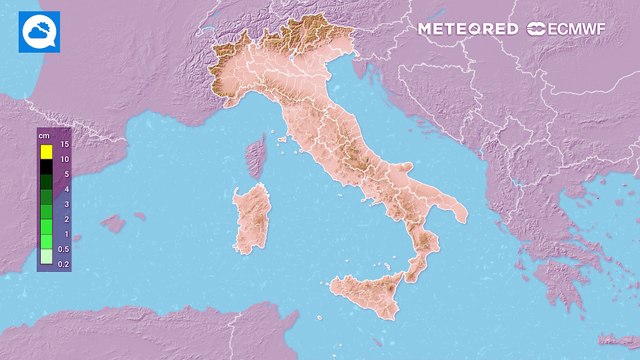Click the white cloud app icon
tap(39, 32)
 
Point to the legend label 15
tap(63, 145)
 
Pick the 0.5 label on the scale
tap(63, 248)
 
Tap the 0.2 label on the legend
tap(63, 263)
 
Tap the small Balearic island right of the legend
tap(112, 223)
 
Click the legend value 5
tap(63, 174)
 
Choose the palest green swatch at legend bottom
tap(46, 257)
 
